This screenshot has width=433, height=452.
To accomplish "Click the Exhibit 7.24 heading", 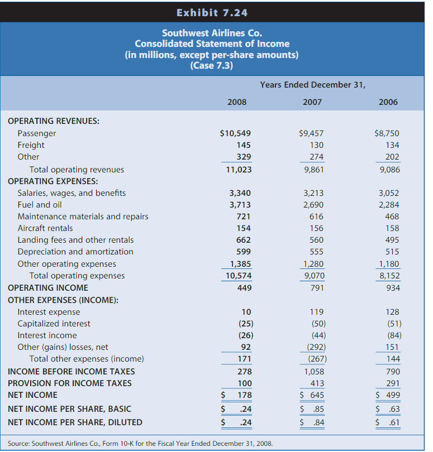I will (212, 12).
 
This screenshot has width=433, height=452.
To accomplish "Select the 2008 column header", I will (237, 102).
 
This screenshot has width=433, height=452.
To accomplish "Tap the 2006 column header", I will (388, 102).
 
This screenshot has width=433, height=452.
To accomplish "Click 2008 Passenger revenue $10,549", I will (236, 133).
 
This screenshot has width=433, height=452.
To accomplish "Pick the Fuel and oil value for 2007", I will (313, 205).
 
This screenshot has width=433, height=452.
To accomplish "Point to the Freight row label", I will (31, 145).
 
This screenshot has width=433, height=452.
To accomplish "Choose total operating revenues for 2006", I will (389, 169).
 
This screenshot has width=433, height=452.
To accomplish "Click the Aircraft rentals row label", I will (45, 228).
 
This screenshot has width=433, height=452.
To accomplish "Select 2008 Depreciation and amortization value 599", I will (244, 252).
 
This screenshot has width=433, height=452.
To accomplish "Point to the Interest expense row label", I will (49, 312).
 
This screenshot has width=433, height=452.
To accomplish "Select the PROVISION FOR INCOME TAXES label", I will (70, 383).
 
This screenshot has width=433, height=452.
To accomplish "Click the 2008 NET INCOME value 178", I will (244, 395).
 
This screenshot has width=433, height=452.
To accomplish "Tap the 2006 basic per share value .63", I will (394, 408).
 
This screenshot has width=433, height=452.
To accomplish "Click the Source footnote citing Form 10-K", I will (140, 444).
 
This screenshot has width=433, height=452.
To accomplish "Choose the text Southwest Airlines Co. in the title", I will (212, 33).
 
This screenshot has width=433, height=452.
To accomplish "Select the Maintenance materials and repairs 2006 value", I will (392, 217).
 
